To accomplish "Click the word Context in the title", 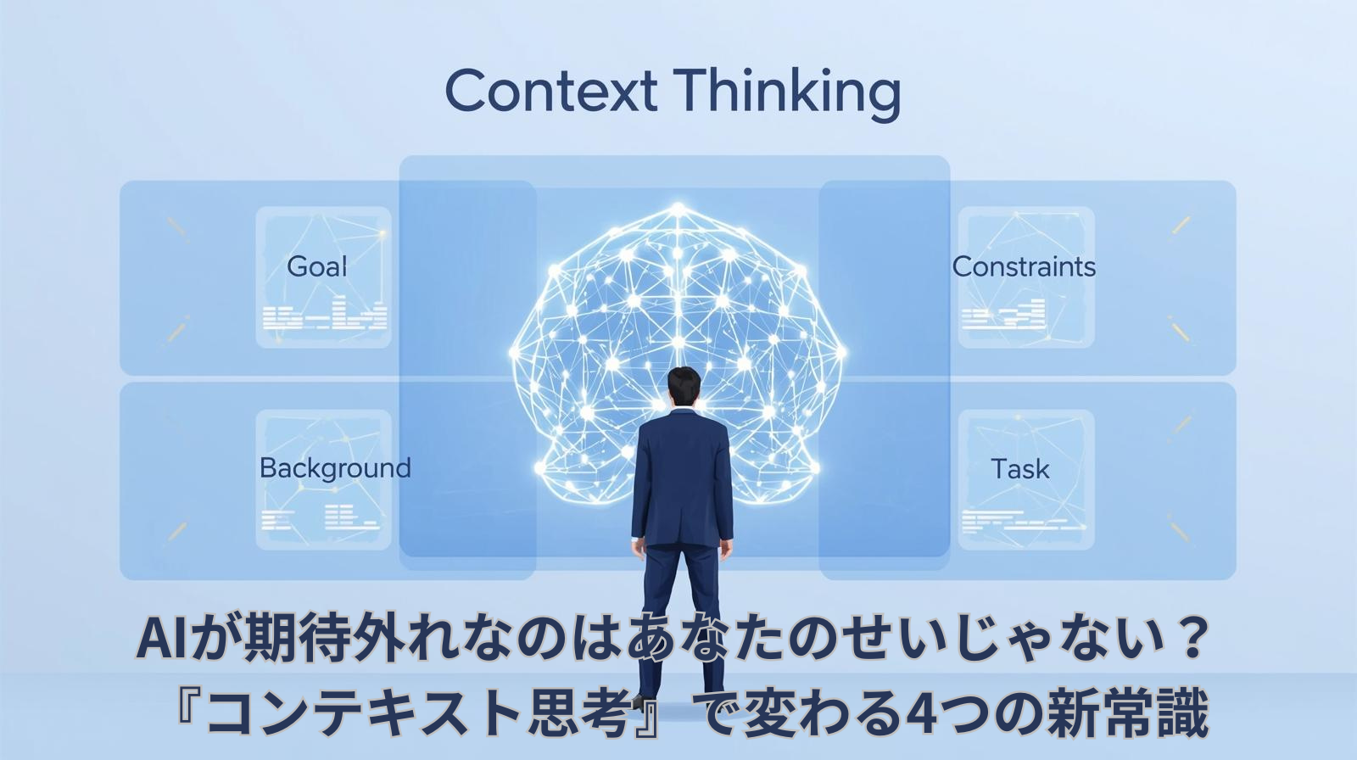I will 550,92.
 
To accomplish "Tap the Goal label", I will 317,266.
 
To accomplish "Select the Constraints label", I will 1024,266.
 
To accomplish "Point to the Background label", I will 335,467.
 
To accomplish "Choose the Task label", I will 1020,469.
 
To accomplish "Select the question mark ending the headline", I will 1192,640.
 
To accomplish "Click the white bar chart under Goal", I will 325,315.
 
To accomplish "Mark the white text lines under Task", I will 1022,520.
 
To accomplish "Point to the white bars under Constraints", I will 1003,315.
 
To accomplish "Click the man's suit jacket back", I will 681,475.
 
